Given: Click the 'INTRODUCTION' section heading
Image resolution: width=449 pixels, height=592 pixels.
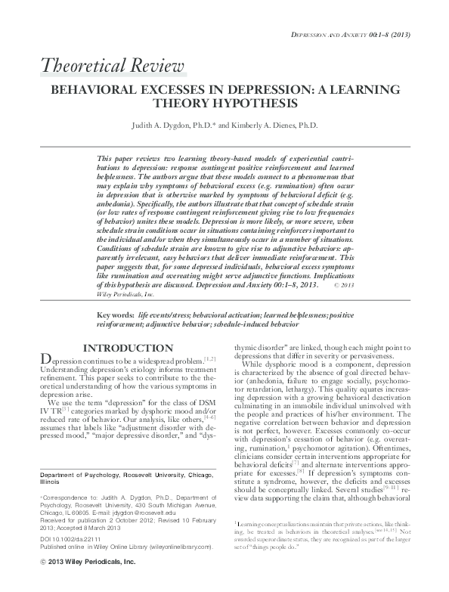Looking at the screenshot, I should [x=124, y=348].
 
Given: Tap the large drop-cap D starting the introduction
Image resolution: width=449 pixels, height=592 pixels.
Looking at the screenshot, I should [x=45, y=360].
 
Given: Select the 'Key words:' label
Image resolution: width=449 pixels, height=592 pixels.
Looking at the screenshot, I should [x=116, y=313].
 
